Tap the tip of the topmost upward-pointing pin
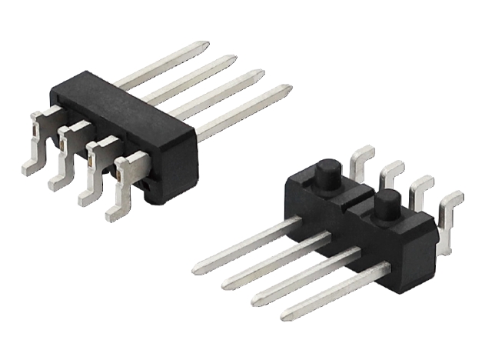pyautogui.click(x=205, y=44)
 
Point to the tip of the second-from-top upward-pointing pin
pyautogui.click(x=233, y=58)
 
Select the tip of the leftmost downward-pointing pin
pyautogui.click(x=195, y=269)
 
